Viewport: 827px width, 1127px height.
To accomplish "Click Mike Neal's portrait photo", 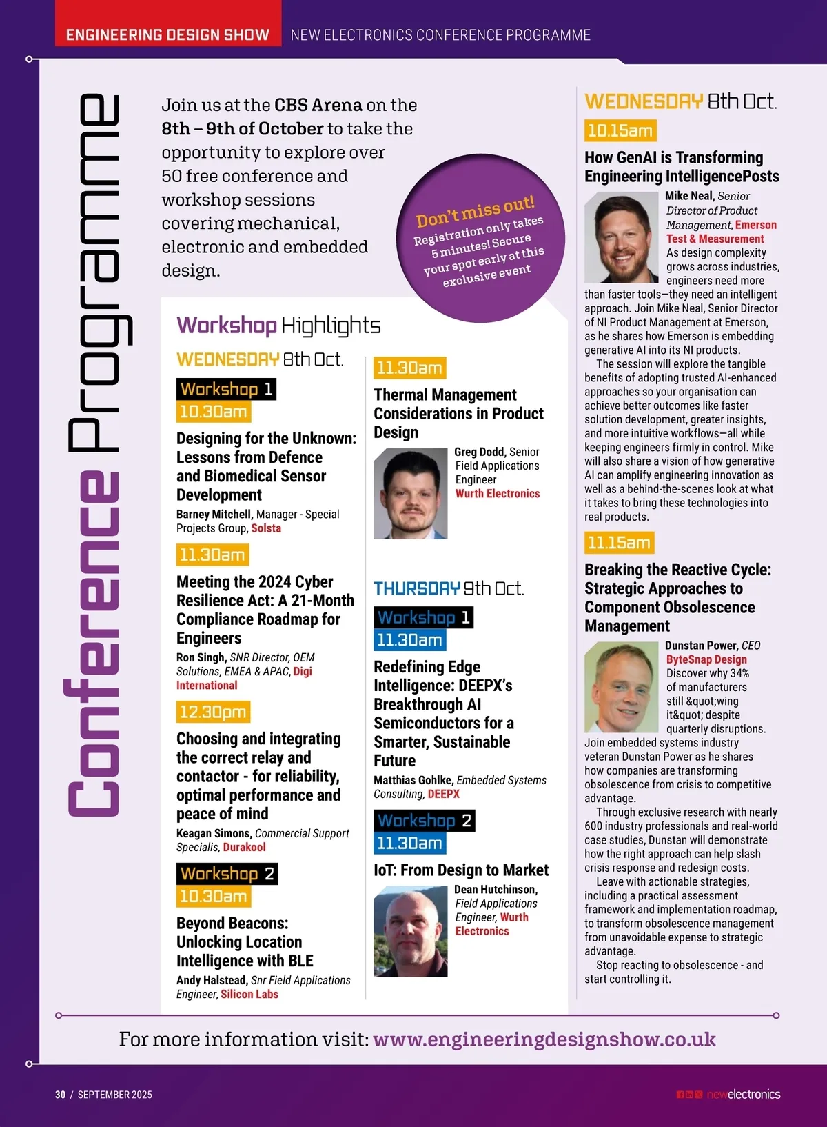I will pos(621,237).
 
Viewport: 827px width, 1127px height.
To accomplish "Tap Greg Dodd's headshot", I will pos(410,493).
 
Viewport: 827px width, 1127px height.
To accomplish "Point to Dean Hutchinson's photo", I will pos(410,931).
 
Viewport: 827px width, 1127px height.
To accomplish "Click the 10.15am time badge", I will pos(620,130).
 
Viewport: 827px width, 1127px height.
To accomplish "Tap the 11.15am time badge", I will pos(619,543).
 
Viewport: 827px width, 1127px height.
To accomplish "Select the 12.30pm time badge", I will pos(213,712).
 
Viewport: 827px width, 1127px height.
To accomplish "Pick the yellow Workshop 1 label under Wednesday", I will pos(226,389).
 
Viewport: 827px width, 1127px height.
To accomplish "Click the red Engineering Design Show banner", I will pos(167,34).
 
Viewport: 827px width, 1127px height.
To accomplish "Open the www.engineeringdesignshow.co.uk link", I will pos(544,1039).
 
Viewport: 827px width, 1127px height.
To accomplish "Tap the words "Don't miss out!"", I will pos(475,211).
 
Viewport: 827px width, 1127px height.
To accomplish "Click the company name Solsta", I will pos(266,528).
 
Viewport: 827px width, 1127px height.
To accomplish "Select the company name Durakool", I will pos(244,847).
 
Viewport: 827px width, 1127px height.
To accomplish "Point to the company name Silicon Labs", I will pos(249,994).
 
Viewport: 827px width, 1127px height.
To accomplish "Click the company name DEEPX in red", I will pos(444,794).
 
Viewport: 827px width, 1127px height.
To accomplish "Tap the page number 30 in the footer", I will pos(61,1095).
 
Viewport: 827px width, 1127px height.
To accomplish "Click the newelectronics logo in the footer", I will pos(744,1095).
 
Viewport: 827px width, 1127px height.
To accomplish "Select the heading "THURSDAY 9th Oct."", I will pos(449,588).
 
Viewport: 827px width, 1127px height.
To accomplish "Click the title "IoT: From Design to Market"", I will pos(461,870).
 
